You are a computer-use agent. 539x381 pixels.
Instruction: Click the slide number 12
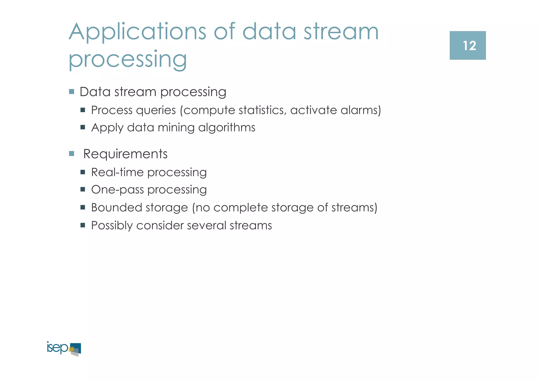(469, 46)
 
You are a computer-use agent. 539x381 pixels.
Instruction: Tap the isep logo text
(57, 348)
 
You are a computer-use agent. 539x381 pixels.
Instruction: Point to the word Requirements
(125, 154)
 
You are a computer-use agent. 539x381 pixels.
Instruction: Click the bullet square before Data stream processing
(72, 92)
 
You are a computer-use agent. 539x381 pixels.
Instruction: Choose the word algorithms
(227, 128)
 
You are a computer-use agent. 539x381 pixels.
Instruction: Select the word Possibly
(112, 226)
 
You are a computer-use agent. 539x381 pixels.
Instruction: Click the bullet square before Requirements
(72, 154)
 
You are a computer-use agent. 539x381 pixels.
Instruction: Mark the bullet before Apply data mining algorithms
(83, 127)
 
